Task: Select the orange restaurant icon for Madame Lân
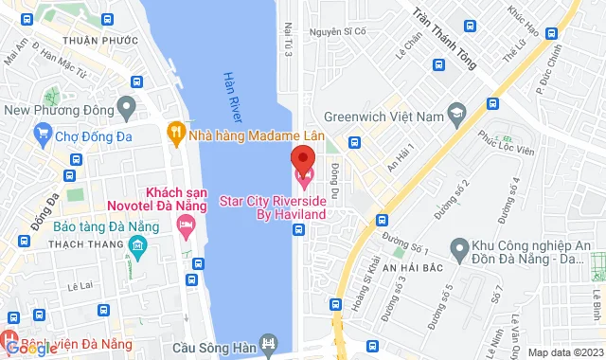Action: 175,132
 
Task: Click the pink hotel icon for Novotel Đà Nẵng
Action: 186,226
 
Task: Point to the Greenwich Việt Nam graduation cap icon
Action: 457,117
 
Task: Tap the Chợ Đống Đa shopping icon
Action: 40,136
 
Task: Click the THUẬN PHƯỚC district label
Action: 94,40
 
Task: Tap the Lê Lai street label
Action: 83,283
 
